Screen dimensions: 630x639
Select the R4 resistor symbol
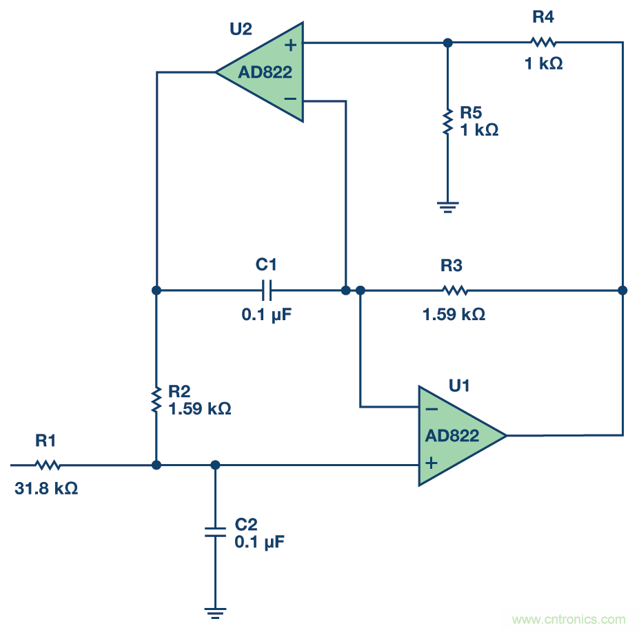coord(542,41)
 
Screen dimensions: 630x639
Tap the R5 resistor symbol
coord(447,121)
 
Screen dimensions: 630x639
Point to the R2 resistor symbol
coord(156,399)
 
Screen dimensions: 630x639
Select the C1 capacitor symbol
coord(267,291)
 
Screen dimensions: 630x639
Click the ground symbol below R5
coord(447,206)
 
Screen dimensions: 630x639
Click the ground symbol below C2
coord(215,611)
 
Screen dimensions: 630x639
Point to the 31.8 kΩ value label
coord(46,489)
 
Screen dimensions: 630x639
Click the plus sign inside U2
coord(291,45)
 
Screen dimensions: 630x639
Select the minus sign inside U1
coord(432,408)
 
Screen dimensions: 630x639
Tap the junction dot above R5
coord(447,42)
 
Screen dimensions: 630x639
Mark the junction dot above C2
coord(215,465)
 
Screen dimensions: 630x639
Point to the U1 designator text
coord(459,386)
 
